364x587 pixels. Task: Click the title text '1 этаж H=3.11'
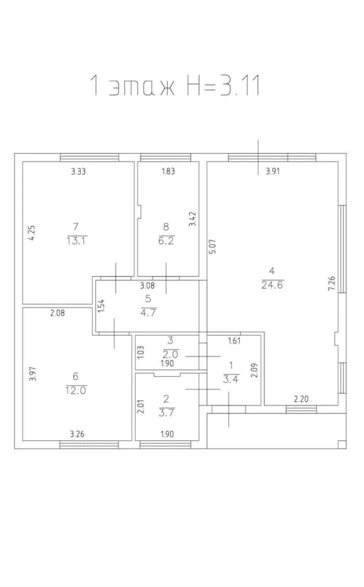pos(175,85)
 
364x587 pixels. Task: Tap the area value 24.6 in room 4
pos(272,285)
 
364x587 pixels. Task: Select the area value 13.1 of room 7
pos(76,241)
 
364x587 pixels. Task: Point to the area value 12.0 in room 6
pos(76,390)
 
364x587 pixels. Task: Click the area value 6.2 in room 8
pos(166,241)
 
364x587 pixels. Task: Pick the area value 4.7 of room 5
pos(148,312)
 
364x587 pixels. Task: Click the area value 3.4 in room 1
pos(231,379)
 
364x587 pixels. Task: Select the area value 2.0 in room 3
pos(170,354)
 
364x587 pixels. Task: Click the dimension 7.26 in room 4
pos(332,284)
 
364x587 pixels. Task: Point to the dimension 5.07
pos(212,247)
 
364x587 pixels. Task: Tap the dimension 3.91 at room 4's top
pos(272,171)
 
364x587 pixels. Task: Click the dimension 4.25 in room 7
pos(32,233)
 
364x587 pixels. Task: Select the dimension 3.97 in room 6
pos(32,374)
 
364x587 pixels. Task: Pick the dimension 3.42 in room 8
pos(192,219)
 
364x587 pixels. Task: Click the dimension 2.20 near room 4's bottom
pos(301,399)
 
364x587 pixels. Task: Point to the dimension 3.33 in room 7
pos(78,171)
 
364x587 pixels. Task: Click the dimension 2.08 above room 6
pos(57,313)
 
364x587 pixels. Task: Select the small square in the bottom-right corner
pos(341,444)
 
